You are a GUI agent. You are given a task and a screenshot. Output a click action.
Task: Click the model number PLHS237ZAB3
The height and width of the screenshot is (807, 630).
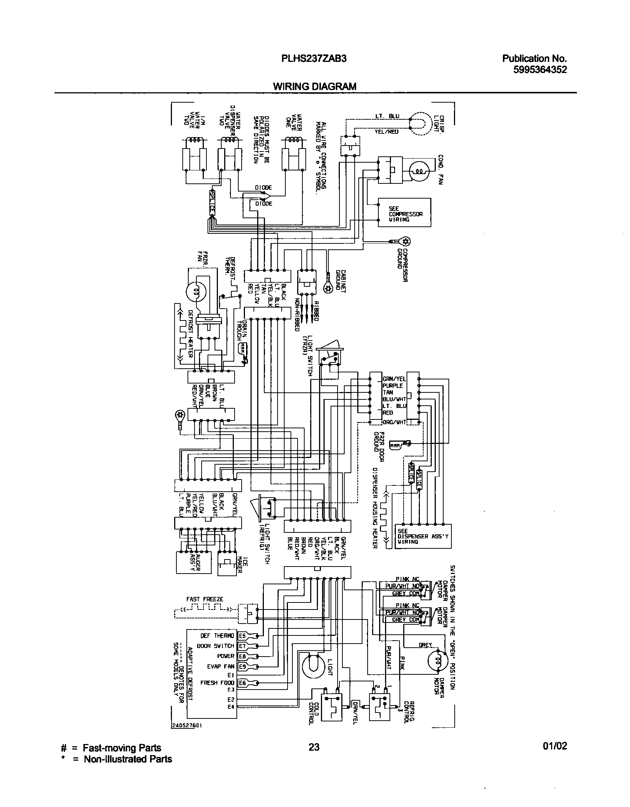click(x=314, y=58)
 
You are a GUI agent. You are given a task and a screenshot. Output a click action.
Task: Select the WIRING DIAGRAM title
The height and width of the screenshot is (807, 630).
click(x=315, y=86)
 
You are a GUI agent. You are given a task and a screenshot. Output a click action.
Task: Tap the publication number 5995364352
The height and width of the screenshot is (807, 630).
click(x=540, y=70)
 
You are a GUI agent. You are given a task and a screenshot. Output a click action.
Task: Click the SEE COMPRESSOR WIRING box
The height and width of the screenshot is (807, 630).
click(x=404, y=213)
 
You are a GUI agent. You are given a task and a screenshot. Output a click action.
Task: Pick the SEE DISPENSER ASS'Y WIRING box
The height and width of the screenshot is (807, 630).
click(x=423, y=536)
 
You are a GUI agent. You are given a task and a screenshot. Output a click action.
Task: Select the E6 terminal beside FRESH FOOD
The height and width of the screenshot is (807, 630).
click(x=242, y=683)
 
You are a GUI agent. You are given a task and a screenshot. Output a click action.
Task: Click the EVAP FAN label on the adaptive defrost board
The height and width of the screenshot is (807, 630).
click(x=220, y=666)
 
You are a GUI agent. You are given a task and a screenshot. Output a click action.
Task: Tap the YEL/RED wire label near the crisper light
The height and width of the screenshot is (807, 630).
click(x=387, y=131)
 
